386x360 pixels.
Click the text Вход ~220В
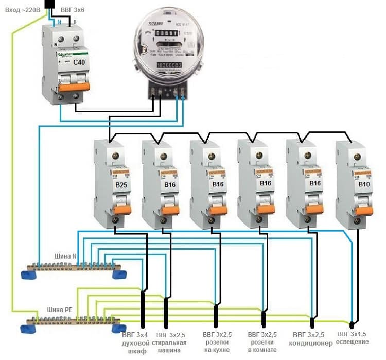pos(20,9)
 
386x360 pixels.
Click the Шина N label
pos(65,256)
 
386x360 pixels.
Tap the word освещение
pos(353,342)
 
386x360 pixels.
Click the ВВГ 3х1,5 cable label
pos(354,334)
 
